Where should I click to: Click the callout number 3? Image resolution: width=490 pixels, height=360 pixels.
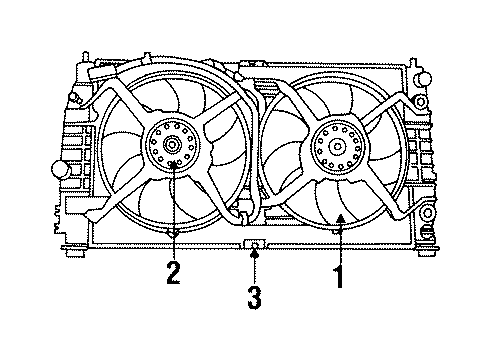(x=255, y=297)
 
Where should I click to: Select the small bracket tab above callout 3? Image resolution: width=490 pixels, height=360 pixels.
(x=255, y=244)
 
